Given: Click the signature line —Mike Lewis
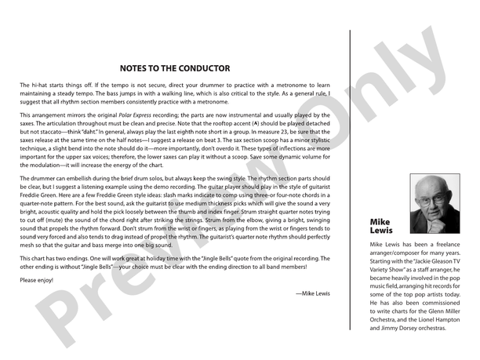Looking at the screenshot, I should click(313, 293).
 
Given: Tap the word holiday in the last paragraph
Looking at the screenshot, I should click(152, 256).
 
